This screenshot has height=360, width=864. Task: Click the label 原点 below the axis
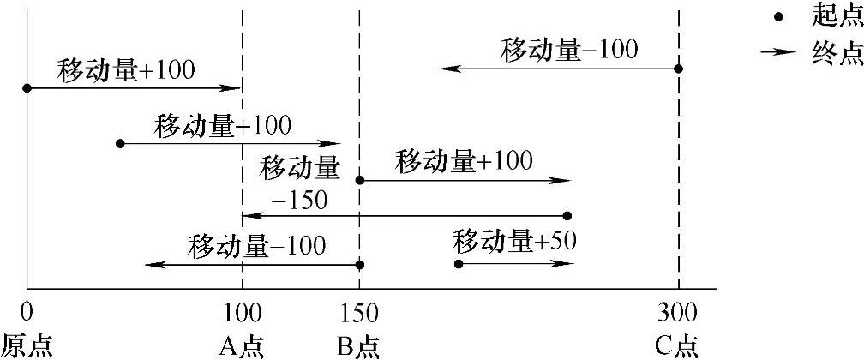(27, 345)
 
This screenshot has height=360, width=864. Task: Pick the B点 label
(358, 345)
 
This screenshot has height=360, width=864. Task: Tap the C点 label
(678, 345)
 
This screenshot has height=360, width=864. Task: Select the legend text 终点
(836, 53)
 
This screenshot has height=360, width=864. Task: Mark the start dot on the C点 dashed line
(678, 69)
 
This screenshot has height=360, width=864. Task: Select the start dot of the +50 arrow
(458, 263)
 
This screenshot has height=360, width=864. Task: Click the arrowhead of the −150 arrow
(248, 216)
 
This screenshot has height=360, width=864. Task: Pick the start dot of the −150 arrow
(567, 216)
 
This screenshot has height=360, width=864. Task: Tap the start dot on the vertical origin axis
(27, 87)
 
